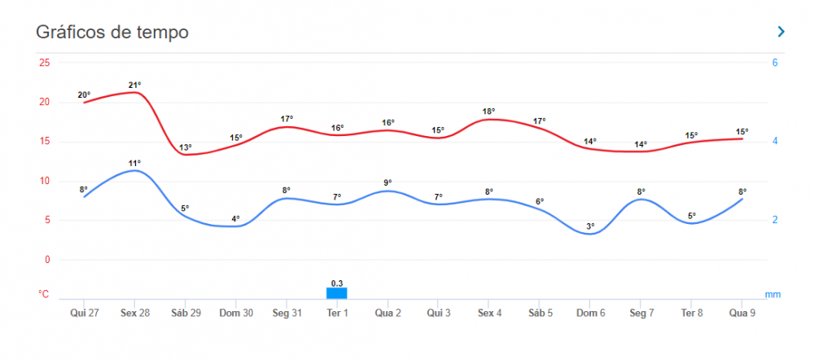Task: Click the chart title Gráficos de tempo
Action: (x=112, y=33)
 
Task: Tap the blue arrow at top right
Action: (x=781, y=32)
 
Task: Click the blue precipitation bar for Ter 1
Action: (x=337, y=293)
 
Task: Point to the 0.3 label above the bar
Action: (x=337, y=283)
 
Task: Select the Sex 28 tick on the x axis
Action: (x=135, y=313)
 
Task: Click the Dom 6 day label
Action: (x=590, y=313)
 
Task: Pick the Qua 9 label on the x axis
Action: (x=742, y=313)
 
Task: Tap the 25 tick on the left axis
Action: (x=44, y=63)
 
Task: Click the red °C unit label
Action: (x=44, y=294)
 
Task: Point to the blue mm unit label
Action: (x=772, y=294)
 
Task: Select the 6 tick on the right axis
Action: (x=775, y=63)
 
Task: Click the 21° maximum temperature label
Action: (x=135, y=85)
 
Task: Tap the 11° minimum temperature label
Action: (x=135, y=163)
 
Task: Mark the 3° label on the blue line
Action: (x=590, y=226)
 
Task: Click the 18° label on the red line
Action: (x=488, y=112)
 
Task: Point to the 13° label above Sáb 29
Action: (x=186, y=147)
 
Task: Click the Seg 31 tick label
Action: (x=287, y=313)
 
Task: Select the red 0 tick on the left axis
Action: (x=47, y=260)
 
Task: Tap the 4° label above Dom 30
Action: (x=236, y=218)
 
